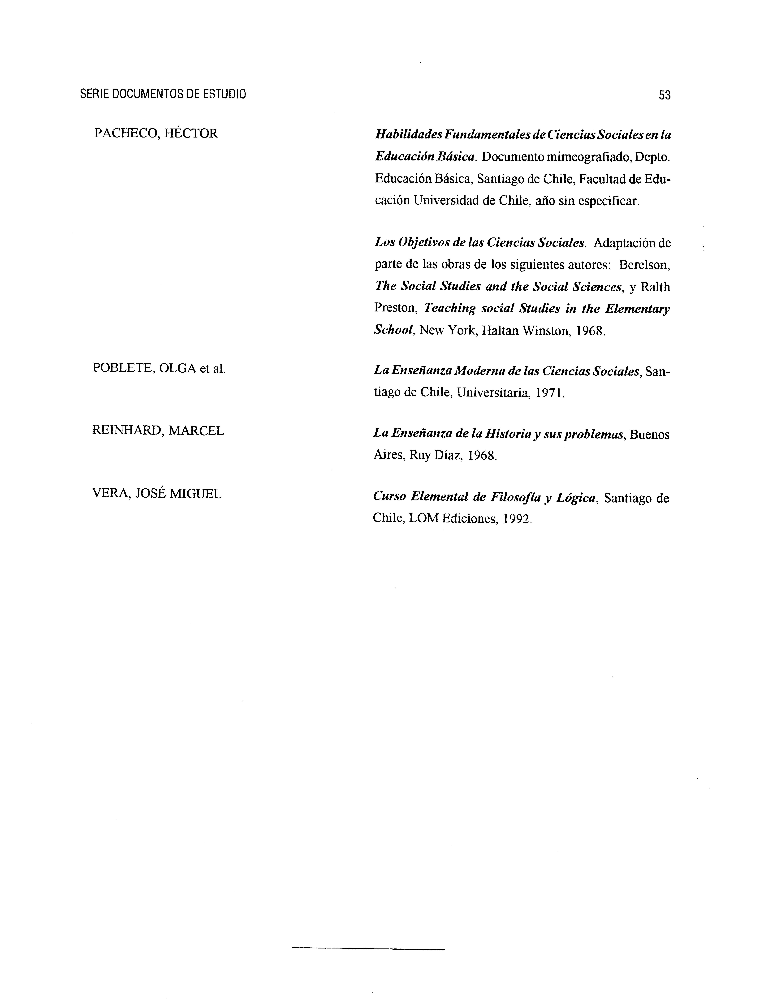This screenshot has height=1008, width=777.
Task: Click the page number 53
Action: tap(664, 95)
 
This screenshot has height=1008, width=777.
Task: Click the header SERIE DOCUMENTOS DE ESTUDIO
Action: tap(163, 94)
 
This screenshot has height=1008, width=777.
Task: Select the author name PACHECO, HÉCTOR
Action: tap(156, 134)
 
